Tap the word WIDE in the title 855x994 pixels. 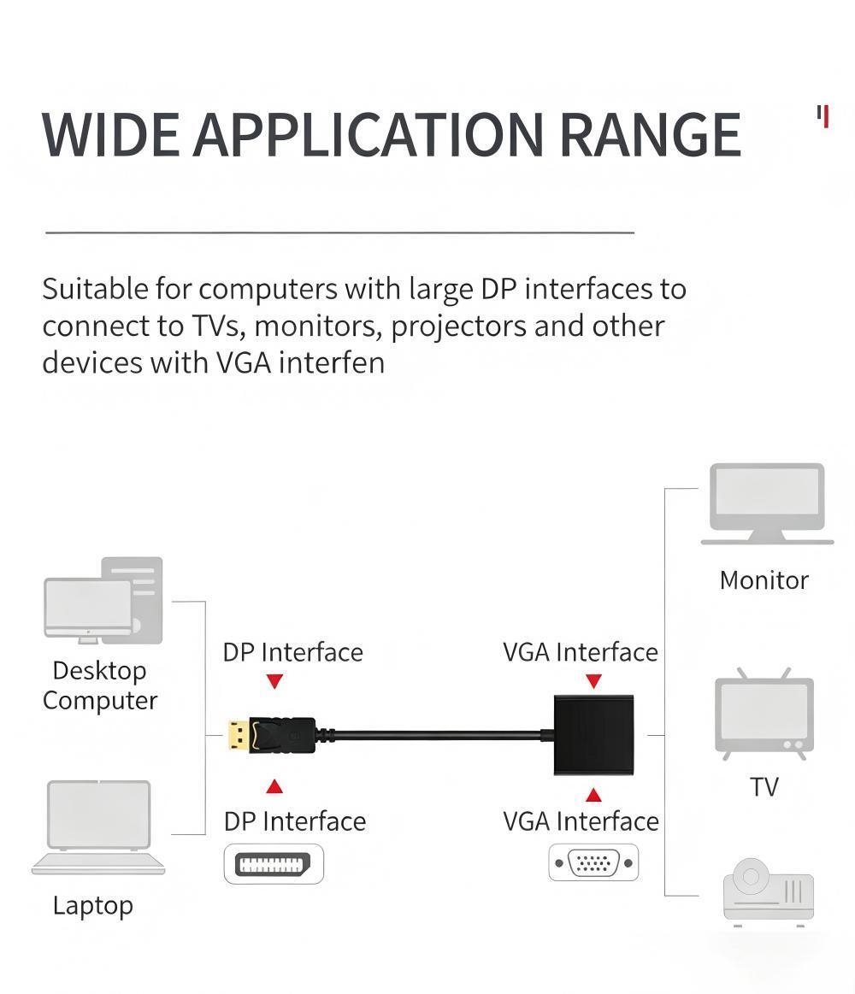110,134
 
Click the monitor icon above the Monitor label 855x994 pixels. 767,503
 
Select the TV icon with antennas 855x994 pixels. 764,713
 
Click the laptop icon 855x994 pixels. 98,827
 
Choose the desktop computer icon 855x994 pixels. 103,600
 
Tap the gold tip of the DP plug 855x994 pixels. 239,735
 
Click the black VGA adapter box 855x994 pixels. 593,735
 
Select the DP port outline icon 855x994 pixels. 274,864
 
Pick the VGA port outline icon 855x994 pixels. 593,862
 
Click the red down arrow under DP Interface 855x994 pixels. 274,681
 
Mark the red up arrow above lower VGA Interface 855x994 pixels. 593,794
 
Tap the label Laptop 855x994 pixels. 92,906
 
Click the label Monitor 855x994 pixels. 764,580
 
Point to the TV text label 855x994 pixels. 764,786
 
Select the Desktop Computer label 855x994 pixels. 100,686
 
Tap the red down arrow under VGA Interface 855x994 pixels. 593,681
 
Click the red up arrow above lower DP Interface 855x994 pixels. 274,786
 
